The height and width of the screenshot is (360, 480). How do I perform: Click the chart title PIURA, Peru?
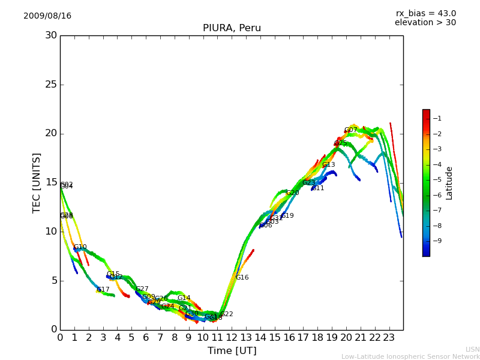tap(232, 28)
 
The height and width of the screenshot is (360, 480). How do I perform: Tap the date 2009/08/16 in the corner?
tap(47, 16)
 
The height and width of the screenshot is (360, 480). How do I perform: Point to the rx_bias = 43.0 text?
tap(425, 13)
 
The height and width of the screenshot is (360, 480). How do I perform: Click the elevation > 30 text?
tap(425, 23)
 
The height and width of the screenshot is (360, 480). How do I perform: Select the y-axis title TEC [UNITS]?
tap(37, 182)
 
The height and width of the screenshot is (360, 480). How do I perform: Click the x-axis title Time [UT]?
tap(232, 350)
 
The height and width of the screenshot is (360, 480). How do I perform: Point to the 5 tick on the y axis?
tap(53, 280)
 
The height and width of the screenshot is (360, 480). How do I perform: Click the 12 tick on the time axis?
tap(232, 337)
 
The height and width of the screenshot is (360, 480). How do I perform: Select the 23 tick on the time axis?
tap(389, 337)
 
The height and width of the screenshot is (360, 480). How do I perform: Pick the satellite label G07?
tap(350, 130)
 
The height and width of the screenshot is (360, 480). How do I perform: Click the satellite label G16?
tap(242, 278)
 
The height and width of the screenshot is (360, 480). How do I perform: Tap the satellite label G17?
tap(103, 290)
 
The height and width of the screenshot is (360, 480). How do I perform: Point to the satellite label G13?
tap(328, 165)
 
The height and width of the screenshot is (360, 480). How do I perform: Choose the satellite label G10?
tap(80, 247)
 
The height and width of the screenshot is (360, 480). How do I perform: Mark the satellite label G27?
tap(142, 289)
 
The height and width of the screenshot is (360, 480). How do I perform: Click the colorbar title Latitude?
tap(449, 183)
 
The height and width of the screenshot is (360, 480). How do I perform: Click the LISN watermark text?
tap(472, 349)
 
